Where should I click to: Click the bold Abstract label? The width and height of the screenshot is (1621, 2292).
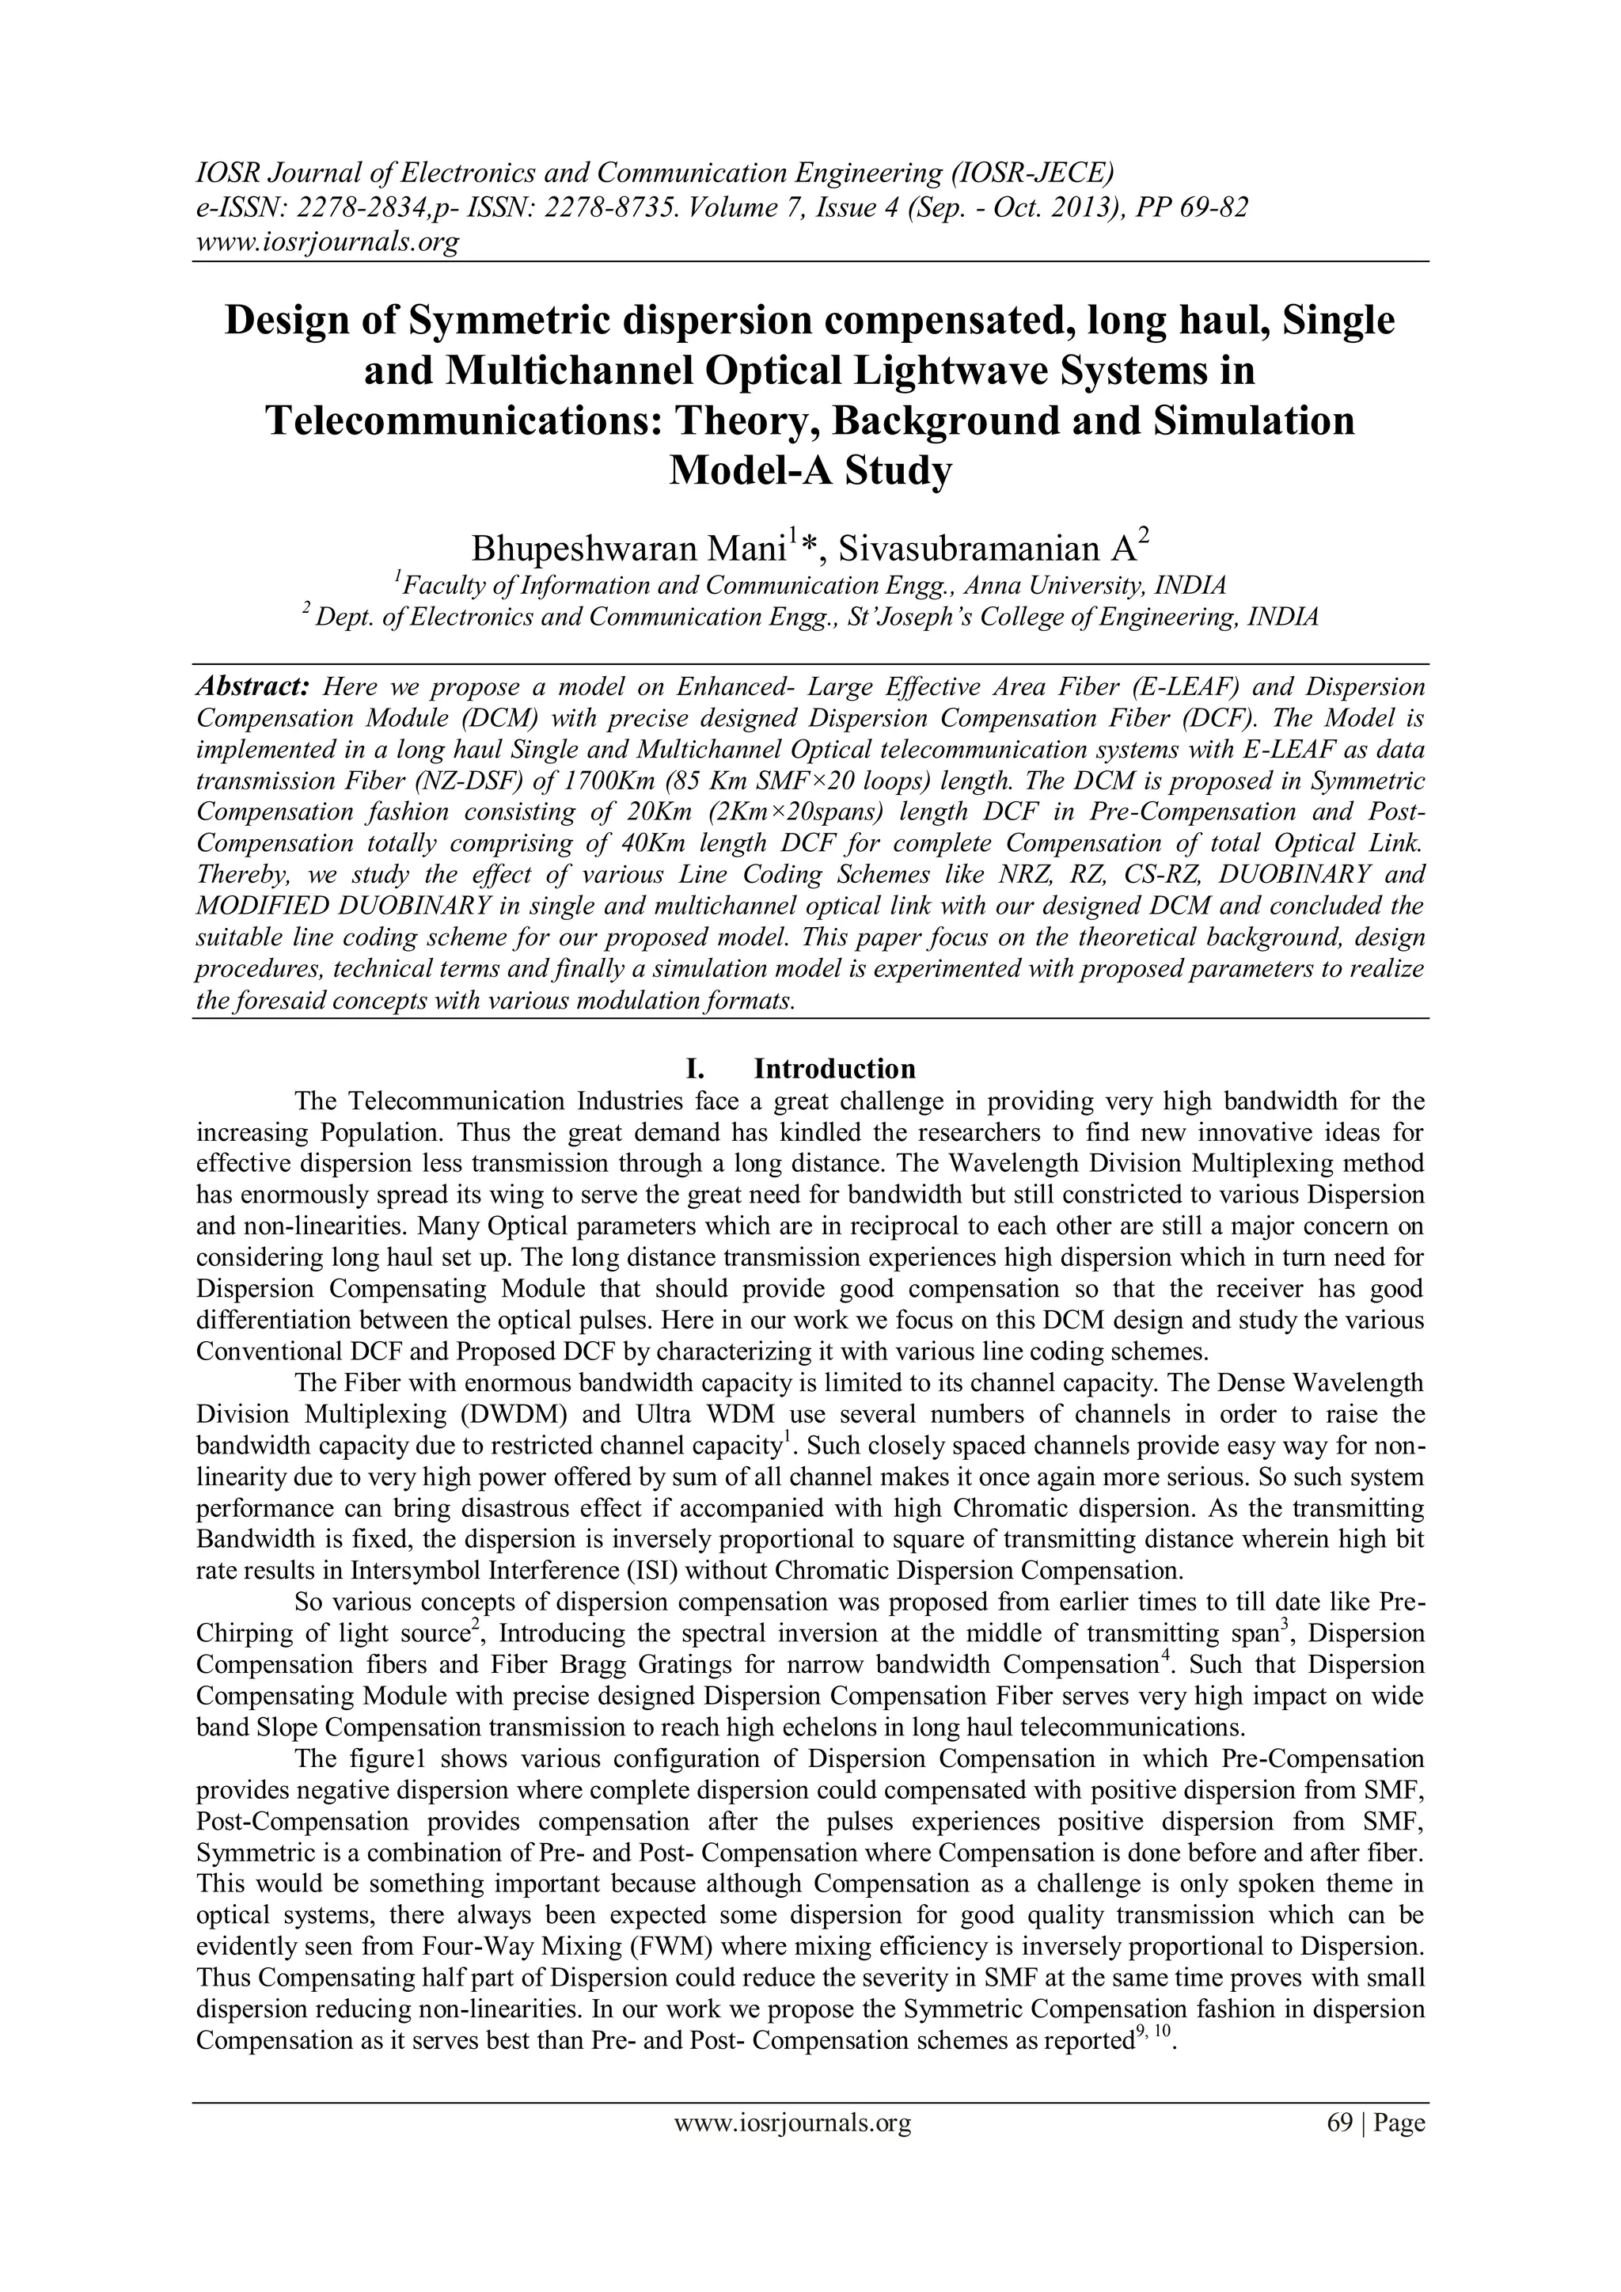coord(253,688)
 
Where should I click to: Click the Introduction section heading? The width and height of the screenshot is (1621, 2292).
coord(834,1069)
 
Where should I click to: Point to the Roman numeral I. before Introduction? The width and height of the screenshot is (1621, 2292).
coord(697,1069)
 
